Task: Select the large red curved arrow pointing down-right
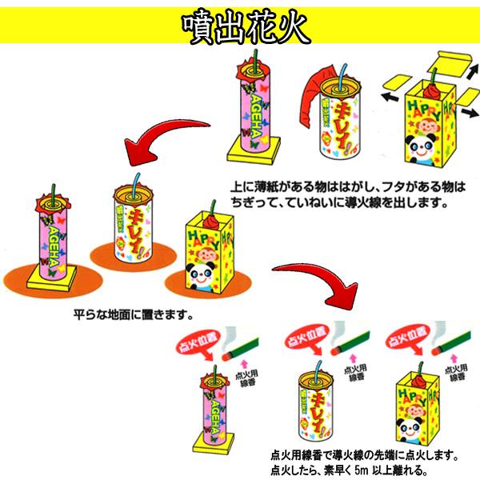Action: click(320, 280)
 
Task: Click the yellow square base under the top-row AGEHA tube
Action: click(253, 147)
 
